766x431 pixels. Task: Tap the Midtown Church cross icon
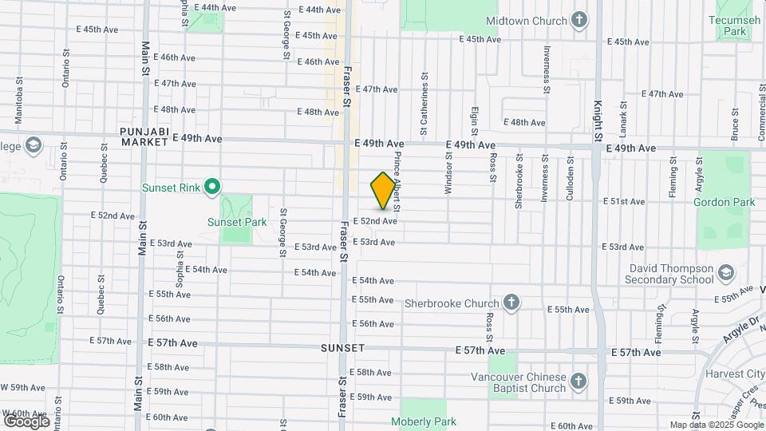579,20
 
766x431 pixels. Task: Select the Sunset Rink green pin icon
211,188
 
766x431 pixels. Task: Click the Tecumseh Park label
729,24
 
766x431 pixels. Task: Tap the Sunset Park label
237,222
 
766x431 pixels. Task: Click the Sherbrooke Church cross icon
511,302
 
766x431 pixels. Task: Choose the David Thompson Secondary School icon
727,275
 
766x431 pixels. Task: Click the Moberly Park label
423,421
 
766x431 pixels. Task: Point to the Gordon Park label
724,203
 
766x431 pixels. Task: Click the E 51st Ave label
623,202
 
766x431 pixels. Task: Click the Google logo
26,421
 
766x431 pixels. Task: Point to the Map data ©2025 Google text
715,425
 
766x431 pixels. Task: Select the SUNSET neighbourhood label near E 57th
342,349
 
